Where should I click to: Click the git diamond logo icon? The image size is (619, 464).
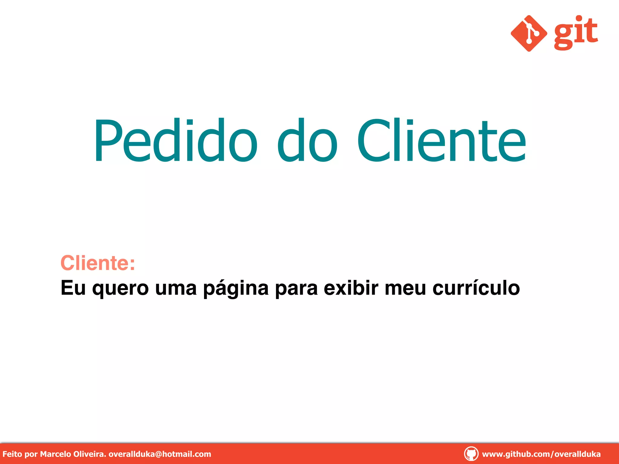pos(529,33)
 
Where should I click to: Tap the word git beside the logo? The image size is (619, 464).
pos(576,33)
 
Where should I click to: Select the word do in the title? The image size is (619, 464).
pos(307,140)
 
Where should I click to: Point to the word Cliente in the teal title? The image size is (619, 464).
pos(442,140)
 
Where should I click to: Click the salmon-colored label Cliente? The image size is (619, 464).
pos(98,263)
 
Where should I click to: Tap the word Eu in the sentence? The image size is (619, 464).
pos(73,288)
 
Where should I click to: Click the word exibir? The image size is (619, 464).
pos(351,288)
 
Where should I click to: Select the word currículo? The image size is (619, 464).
pos(476,288)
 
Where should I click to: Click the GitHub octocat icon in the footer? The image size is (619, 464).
pos(471,454)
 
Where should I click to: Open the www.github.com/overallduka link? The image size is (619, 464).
pos(541,454)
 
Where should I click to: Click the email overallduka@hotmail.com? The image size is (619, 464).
pos(160,454)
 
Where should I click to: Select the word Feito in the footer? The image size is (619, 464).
pos(12,454)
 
